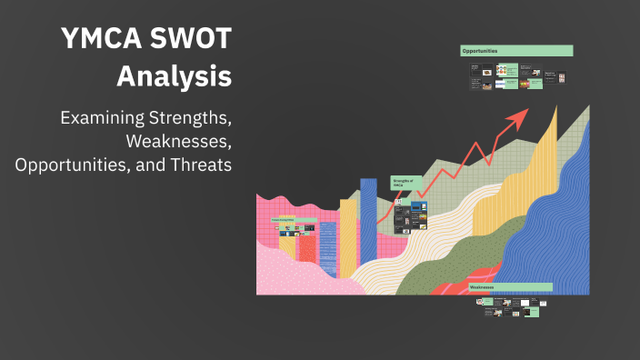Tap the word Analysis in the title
[174, 76]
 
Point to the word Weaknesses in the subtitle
[179, 142]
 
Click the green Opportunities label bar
[516, 51]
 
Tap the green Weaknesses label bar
[510, 287]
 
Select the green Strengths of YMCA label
[406, 183]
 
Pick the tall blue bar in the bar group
[368, 227]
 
